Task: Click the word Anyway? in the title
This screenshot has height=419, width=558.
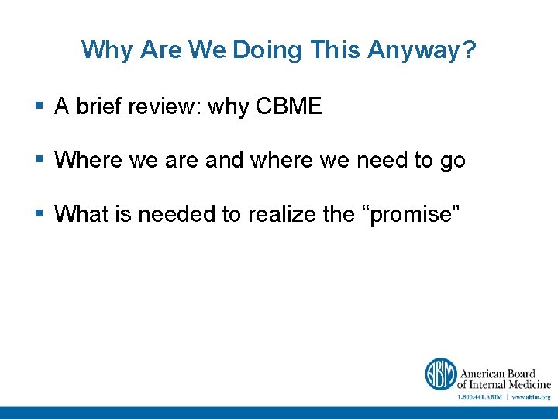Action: [422, 50]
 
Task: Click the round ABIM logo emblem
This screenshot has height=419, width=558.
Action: [439, 374]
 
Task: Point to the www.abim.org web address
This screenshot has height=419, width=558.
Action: [531, 396]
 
